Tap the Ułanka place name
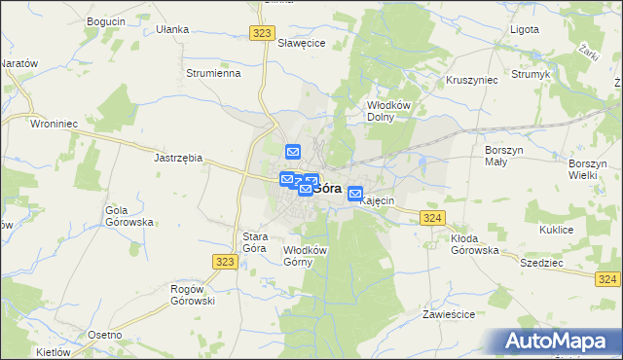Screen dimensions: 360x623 pos(172,29)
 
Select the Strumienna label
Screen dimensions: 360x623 pos(213,73)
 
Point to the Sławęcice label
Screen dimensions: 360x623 pos(301,44)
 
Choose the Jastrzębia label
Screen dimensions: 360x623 pos(178,157)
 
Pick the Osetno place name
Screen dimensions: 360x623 pos(104,335)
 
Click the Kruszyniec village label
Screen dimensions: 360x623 pos(471,80)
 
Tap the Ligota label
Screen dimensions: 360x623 pos(525,29)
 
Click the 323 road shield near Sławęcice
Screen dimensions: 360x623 pos(261,32)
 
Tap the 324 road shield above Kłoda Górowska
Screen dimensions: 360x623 pos(433,218)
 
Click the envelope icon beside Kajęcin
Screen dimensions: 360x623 pos(355,195)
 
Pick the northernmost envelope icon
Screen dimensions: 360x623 pos(293,152)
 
